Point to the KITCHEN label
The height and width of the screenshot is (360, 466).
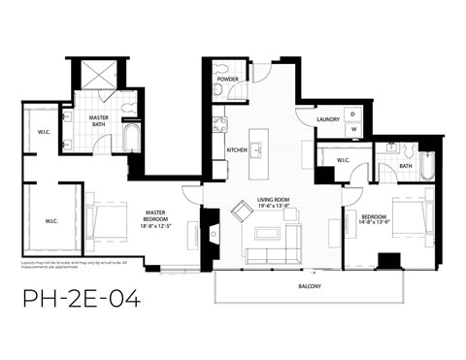pyautogui.click(x=237, y=150)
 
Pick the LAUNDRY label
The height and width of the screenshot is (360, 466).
pyautogui.click(x=327, y=120)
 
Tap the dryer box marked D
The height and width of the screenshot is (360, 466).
pyautogui.click(x=353, y=114)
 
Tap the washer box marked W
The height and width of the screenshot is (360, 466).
pyautogui.click(x=353, y=128)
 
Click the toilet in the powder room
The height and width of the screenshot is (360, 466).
pyautogui.click(x=219, y=90)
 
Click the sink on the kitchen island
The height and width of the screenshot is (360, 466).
pyautogui.click(x=257, y=150)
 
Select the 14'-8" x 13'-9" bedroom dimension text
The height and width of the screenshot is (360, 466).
pyautogui.click(x=374, y=222)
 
